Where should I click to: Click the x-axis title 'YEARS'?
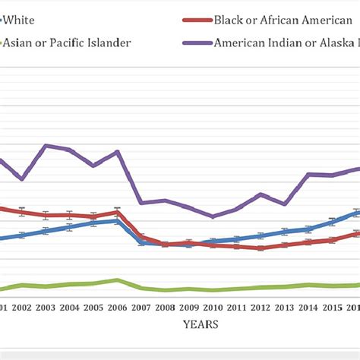point(201,324)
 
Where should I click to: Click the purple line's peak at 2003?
point(46,145)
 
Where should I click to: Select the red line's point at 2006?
point(117,212)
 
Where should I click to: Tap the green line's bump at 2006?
point(117,279)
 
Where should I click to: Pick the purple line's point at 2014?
point(308,174)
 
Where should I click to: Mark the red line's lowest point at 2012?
point(261,248)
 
